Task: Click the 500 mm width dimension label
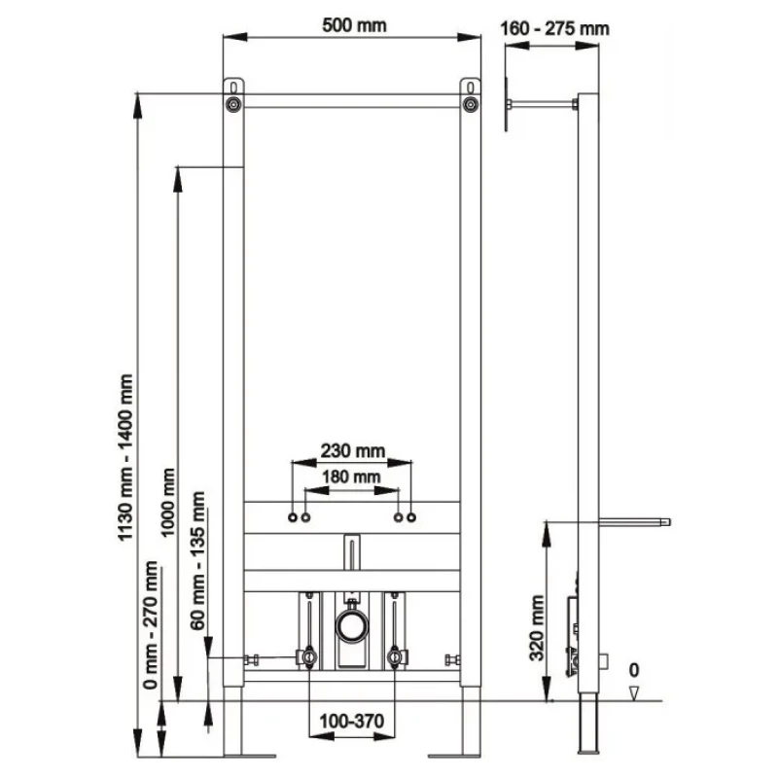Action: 354,25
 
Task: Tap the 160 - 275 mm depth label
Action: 554,28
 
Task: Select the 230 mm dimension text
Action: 353,450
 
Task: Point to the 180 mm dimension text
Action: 351,477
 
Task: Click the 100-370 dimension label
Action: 352,721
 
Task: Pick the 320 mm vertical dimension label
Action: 537,628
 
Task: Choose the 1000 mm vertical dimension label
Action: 168,502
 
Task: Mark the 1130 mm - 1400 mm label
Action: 125,457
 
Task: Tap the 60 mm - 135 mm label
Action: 197,561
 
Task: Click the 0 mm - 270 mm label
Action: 151,625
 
